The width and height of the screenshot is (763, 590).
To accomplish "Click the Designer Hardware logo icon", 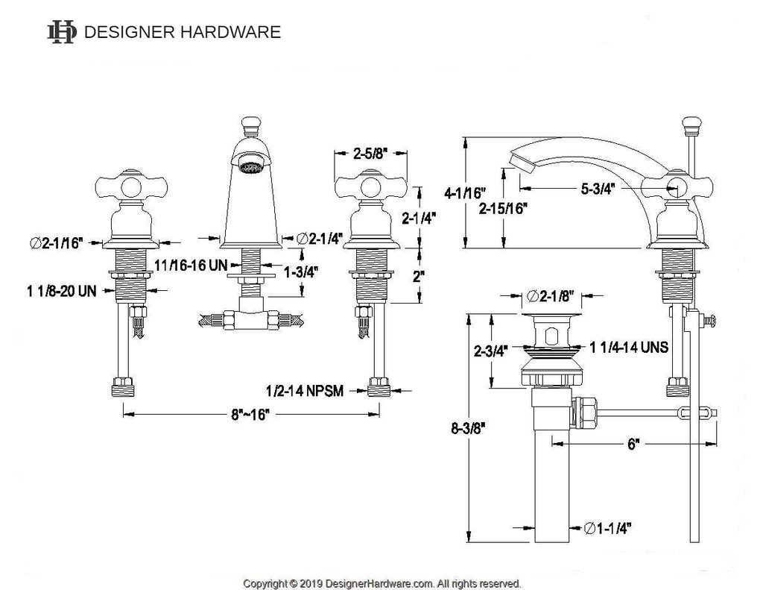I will click(x=62, y=32).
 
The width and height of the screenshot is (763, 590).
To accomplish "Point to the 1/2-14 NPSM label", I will click(x=305, y=390).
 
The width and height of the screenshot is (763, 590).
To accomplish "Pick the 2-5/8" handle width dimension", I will click(x=370, y=156).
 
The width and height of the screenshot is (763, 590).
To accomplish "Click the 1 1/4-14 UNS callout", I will click(x=628, y=348).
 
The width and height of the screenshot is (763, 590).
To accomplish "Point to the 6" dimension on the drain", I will click(x=633, y=445).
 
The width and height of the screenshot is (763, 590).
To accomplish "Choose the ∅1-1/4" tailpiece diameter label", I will click(x=608, y=528).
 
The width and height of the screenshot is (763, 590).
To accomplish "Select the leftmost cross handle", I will click(x=124, y=186).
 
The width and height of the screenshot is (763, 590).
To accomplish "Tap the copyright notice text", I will click(x=382, y=583).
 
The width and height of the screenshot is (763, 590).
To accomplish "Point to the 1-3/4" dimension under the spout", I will click(x=301, y=273).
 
